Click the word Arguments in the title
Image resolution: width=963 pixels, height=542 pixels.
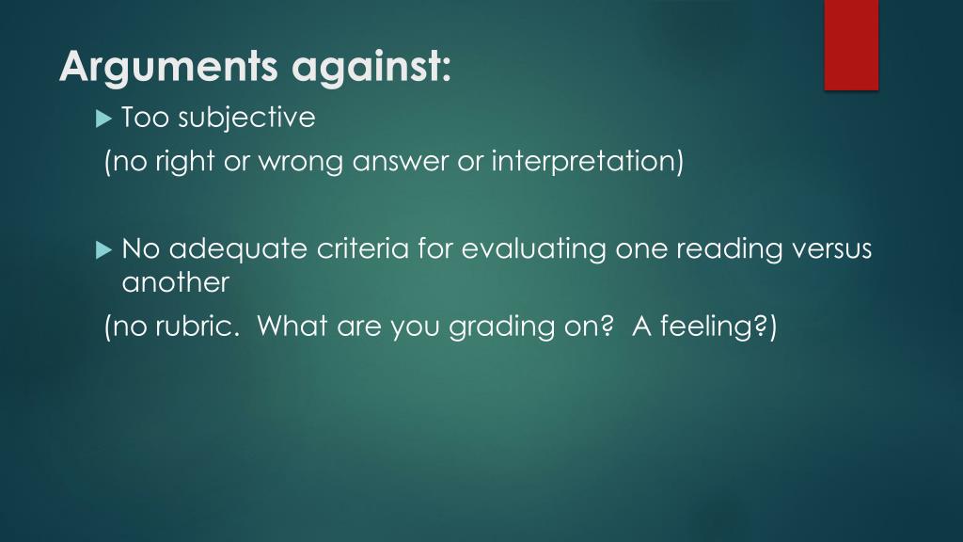pos(169,68)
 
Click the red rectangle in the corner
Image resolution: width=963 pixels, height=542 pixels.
pos(851,44)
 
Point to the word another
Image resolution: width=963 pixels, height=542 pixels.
pos(176,281)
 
